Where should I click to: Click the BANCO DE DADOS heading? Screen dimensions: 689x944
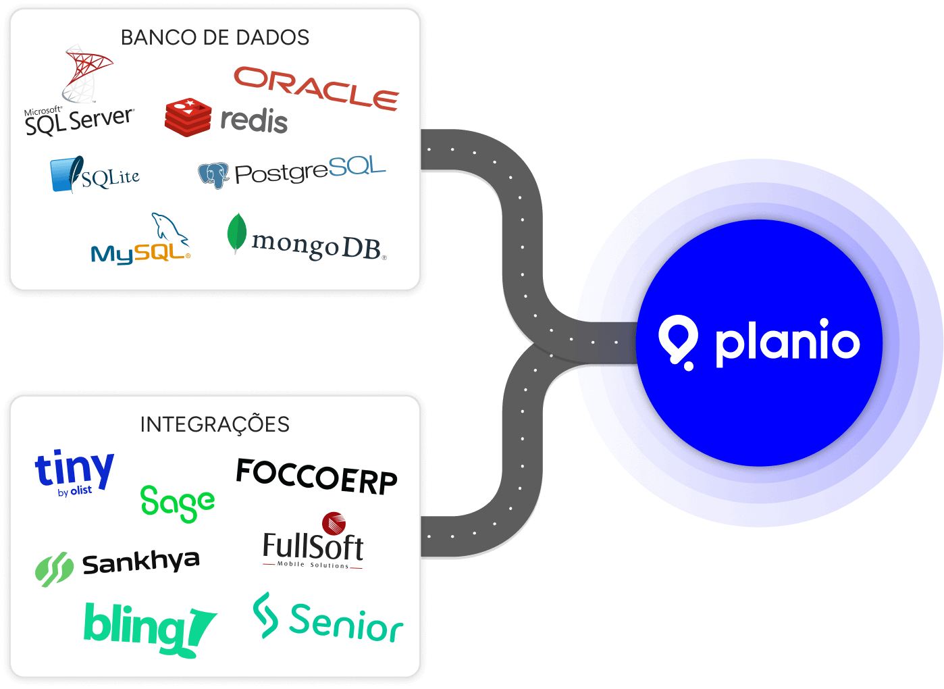point(215,37)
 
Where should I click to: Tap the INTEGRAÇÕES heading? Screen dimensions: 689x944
point(215,424)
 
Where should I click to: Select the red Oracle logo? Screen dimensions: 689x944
point(316,88)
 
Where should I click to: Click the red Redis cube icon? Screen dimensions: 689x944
point(188,116)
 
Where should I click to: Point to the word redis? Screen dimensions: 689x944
point(254,121)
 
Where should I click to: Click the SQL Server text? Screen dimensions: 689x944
point(80,122)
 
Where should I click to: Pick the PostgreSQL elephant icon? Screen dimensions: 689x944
point(213,175)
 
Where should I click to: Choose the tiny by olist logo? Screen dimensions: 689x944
point(74,471)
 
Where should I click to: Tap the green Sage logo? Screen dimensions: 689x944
point(178,503)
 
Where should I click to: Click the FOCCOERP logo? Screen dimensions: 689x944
point(317,476)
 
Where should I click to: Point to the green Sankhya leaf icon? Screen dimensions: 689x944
point(54,568)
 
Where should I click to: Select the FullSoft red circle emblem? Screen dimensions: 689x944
point(334,523)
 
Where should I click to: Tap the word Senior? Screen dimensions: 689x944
point(346,623)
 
